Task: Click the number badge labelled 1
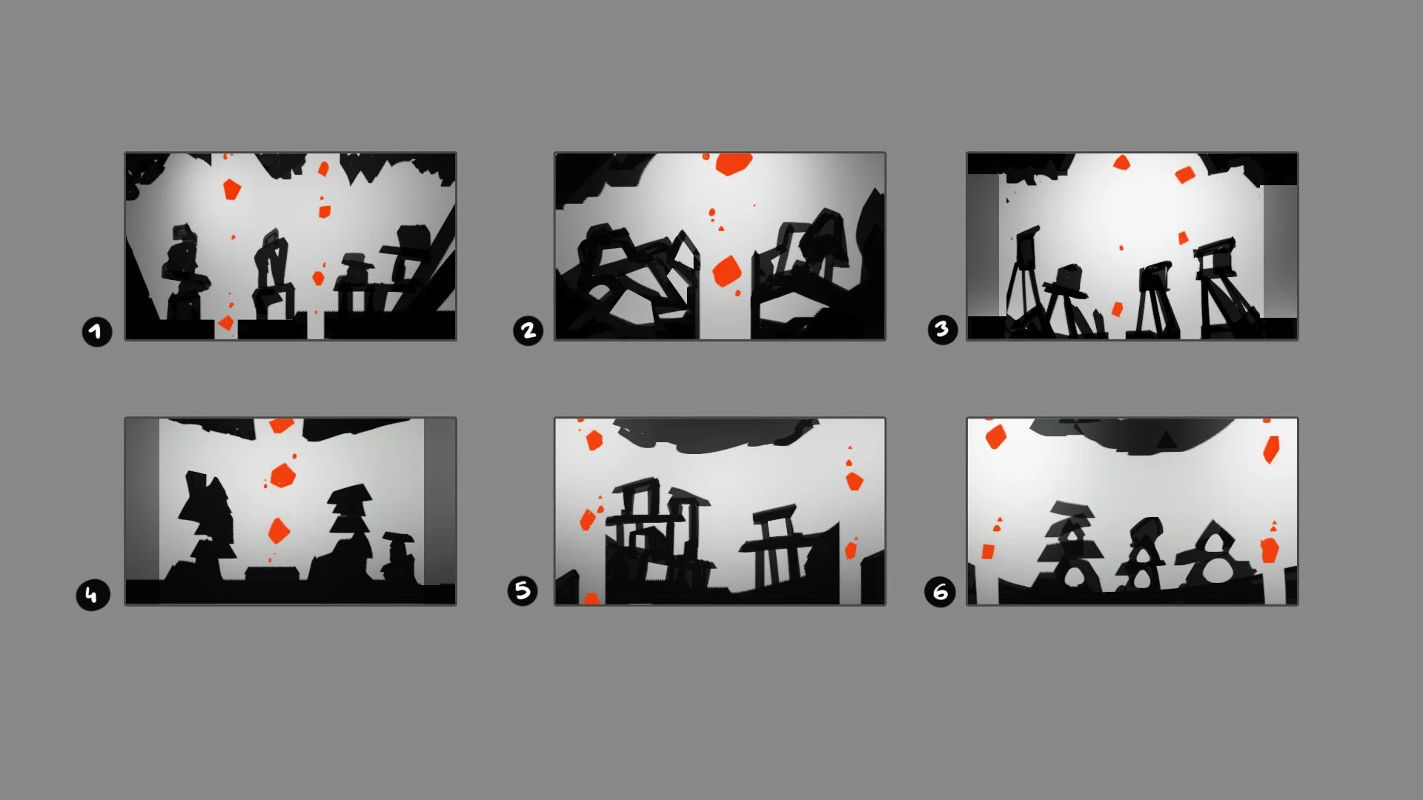(96, 331)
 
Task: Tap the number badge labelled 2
(528, 330)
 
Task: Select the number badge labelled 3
(942, 329)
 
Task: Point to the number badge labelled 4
(92, 595)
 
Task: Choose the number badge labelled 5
(523, 590)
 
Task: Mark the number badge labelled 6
(940, 592)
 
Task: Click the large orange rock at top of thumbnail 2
(734, 164)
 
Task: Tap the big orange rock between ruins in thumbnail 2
(726, 272)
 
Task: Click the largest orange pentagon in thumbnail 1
(232, 189)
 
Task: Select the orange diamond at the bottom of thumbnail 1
(226, 323)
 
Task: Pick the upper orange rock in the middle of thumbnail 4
(282, 475)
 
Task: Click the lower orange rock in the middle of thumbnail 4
(278, 530)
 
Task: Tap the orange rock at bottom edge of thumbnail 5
(591, 598)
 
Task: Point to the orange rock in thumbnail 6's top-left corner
(995, 436)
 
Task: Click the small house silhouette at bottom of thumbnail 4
(271, 576)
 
